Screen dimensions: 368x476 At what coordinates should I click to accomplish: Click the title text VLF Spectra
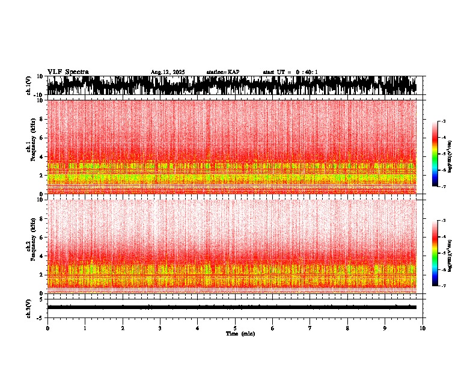tap(68, 72)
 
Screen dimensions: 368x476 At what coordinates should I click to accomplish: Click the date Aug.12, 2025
tap(168, 72)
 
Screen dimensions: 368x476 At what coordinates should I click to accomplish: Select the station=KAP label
tap(223, 72)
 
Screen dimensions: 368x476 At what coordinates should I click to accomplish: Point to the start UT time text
tap(290, 72)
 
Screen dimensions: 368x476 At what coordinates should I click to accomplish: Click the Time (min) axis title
tap(240, 334)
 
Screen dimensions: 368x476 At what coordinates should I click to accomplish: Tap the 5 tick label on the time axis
tap(235, 328)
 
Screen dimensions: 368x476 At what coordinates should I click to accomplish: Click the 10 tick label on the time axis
tap(423, 328)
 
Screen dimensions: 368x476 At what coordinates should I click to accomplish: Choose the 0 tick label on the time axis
tap(47, 328)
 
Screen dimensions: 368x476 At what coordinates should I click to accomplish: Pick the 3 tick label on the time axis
tap(160, 328)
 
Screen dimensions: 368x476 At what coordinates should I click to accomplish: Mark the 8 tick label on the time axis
tap(347, 328)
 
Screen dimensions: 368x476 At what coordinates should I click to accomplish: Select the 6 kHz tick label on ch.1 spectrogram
tap(41, 138)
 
